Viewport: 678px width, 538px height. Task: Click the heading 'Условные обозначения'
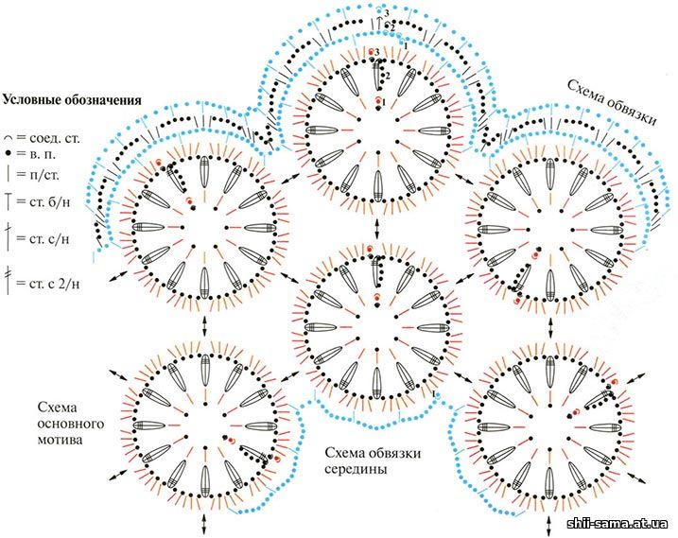point(73,98)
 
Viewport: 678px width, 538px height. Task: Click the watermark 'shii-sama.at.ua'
point(617,524)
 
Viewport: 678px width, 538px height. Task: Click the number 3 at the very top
point(386,10)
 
